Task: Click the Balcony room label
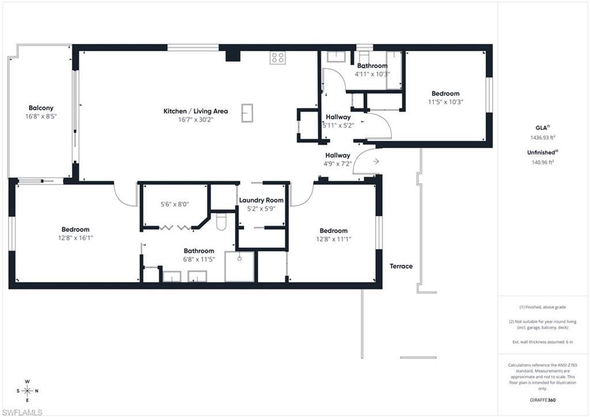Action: point(41,108)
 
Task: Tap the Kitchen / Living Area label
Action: point(196,111)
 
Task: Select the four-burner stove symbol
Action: point(278,57)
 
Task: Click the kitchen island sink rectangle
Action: point(247,112)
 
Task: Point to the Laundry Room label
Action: point(262,200)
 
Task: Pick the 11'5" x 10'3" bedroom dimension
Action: point(445,102)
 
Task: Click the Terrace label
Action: point(401,266)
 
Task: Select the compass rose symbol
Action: point(28,390)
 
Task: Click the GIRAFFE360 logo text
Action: point(543,399)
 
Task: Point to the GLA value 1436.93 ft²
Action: point(543,138)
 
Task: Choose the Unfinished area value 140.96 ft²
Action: point(542,162)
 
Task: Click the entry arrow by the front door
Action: point(376,161)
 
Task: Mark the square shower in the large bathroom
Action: point(239,266)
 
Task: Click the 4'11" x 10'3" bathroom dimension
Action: point(372,74)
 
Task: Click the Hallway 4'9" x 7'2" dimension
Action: point(338,163)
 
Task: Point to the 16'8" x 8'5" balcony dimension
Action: point(41,116)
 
